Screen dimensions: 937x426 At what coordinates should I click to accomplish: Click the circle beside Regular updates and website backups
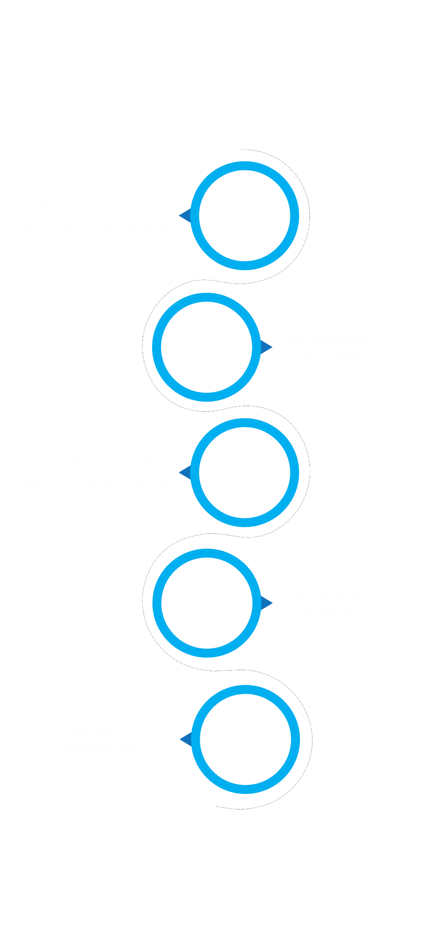pos(245,216)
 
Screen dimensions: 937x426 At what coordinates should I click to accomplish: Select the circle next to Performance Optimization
pos(207,347)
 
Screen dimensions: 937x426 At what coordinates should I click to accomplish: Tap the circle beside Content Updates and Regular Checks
pos(245,472)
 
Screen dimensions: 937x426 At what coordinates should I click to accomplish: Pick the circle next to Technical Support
pos(207,603)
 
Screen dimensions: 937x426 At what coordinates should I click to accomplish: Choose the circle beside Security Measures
pos(245,739)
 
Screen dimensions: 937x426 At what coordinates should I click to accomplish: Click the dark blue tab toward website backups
pos(184,215)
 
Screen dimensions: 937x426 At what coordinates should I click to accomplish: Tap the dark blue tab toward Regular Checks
pos(184,472)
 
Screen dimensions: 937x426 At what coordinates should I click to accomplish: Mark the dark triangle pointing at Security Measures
pos(186,739)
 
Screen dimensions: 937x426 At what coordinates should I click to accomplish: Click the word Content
pos(57,462)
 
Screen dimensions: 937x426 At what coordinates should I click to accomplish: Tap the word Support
pos(325,612)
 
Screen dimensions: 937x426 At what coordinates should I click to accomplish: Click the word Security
pos(99,729)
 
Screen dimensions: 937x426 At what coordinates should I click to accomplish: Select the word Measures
pos(101,748)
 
